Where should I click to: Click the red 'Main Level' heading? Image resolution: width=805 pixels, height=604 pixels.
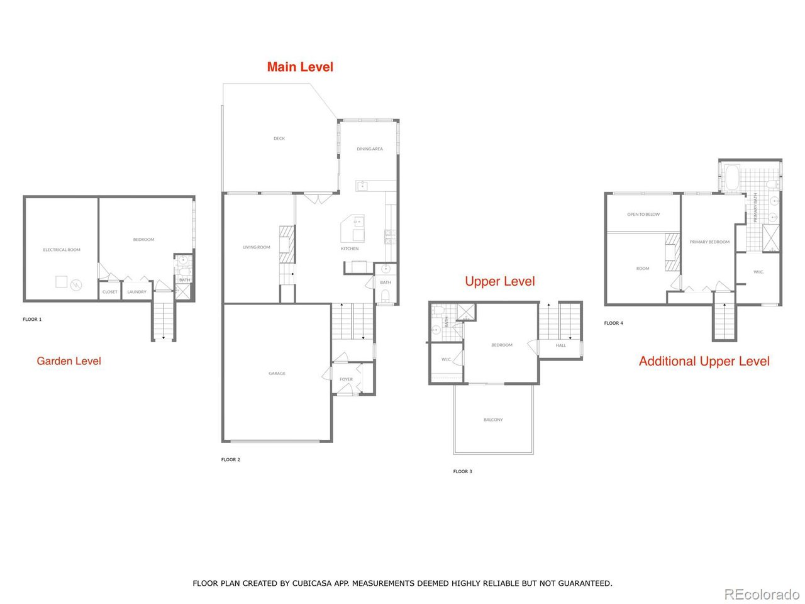pyautogui.click(x=300, y=67)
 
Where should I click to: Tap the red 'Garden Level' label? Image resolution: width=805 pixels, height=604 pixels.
pyautogui.click(x=69, y=361)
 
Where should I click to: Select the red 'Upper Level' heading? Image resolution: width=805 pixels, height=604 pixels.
pyautogui.click(x=500, y=281)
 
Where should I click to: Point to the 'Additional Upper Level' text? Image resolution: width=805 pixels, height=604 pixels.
pyautogui.click(x=704, y=361)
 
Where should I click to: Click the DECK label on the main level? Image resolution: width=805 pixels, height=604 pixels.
pyautogui.click(x=279, y=138)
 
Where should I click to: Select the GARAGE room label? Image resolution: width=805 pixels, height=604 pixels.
pyautogui.click(x=277, y=374)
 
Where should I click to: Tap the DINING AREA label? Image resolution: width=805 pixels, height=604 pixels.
pyautogui.click(x=370, y=149)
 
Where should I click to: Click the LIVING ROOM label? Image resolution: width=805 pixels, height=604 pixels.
pyautogui.click(x=257, y=247)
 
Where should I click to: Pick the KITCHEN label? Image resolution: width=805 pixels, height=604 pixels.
pyautogui.click(x=350, y=249)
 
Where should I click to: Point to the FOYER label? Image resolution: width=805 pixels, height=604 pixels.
pyautogui.click(x=346, y=379)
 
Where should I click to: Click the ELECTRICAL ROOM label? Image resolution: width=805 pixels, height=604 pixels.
pyautogui.click(x=62, y=250)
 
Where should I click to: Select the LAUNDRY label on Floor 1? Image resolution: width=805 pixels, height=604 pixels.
pyautogui.click(x=136, y=292)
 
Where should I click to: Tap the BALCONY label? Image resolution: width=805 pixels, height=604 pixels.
pyautogui.click(x=493, y=420)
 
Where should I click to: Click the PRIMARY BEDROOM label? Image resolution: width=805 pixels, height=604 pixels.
pyautogui.click(x=709, y=242)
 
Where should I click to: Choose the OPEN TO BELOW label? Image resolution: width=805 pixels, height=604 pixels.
pyautogui.click(x=643, y=215)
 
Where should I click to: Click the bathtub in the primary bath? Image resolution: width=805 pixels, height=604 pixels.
pyautogui.click(x=731, y=177)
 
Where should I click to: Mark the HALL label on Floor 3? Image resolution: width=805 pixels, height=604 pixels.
pyautogui.click(x=560, y=345)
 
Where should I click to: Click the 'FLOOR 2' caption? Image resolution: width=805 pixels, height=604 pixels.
pyautogui.click(x=230, y=460)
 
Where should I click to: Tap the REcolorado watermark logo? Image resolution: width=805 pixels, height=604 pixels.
pyautogui.click(x=762, y=594)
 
